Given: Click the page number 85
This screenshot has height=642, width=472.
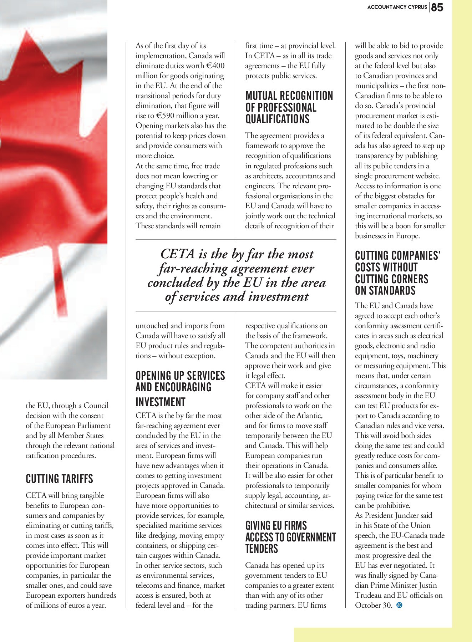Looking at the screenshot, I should [437, 7].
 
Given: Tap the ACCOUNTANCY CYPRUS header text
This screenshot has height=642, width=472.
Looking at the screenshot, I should [397, 7].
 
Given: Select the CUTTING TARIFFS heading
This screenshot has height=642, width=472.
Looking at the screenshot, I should [59, 479].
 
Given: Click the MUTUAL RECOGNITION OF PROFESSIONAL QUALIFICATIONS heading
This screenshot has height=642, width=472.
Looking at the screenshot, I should [289, 107].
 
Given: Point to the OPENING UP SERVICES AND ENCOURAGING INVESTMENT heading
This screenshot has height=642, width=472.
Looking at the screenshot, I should [180, 389].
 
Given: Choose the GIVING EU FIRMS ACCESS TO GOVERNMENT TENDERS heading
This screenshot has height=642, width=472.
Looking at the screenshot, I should [290, 537].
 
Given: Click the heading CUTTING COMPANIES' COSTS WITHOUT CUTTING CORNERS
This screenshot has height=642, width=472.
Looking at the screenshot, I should [397, 273].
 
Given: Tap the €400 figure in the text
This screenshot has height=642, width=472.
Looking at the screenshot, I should [215, 66].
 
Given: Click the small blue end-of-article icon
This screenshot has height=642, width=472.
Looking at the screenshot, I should [400, 605].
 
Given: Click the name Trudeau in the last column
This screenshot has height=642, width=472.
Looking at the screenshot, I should [369, 595].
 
